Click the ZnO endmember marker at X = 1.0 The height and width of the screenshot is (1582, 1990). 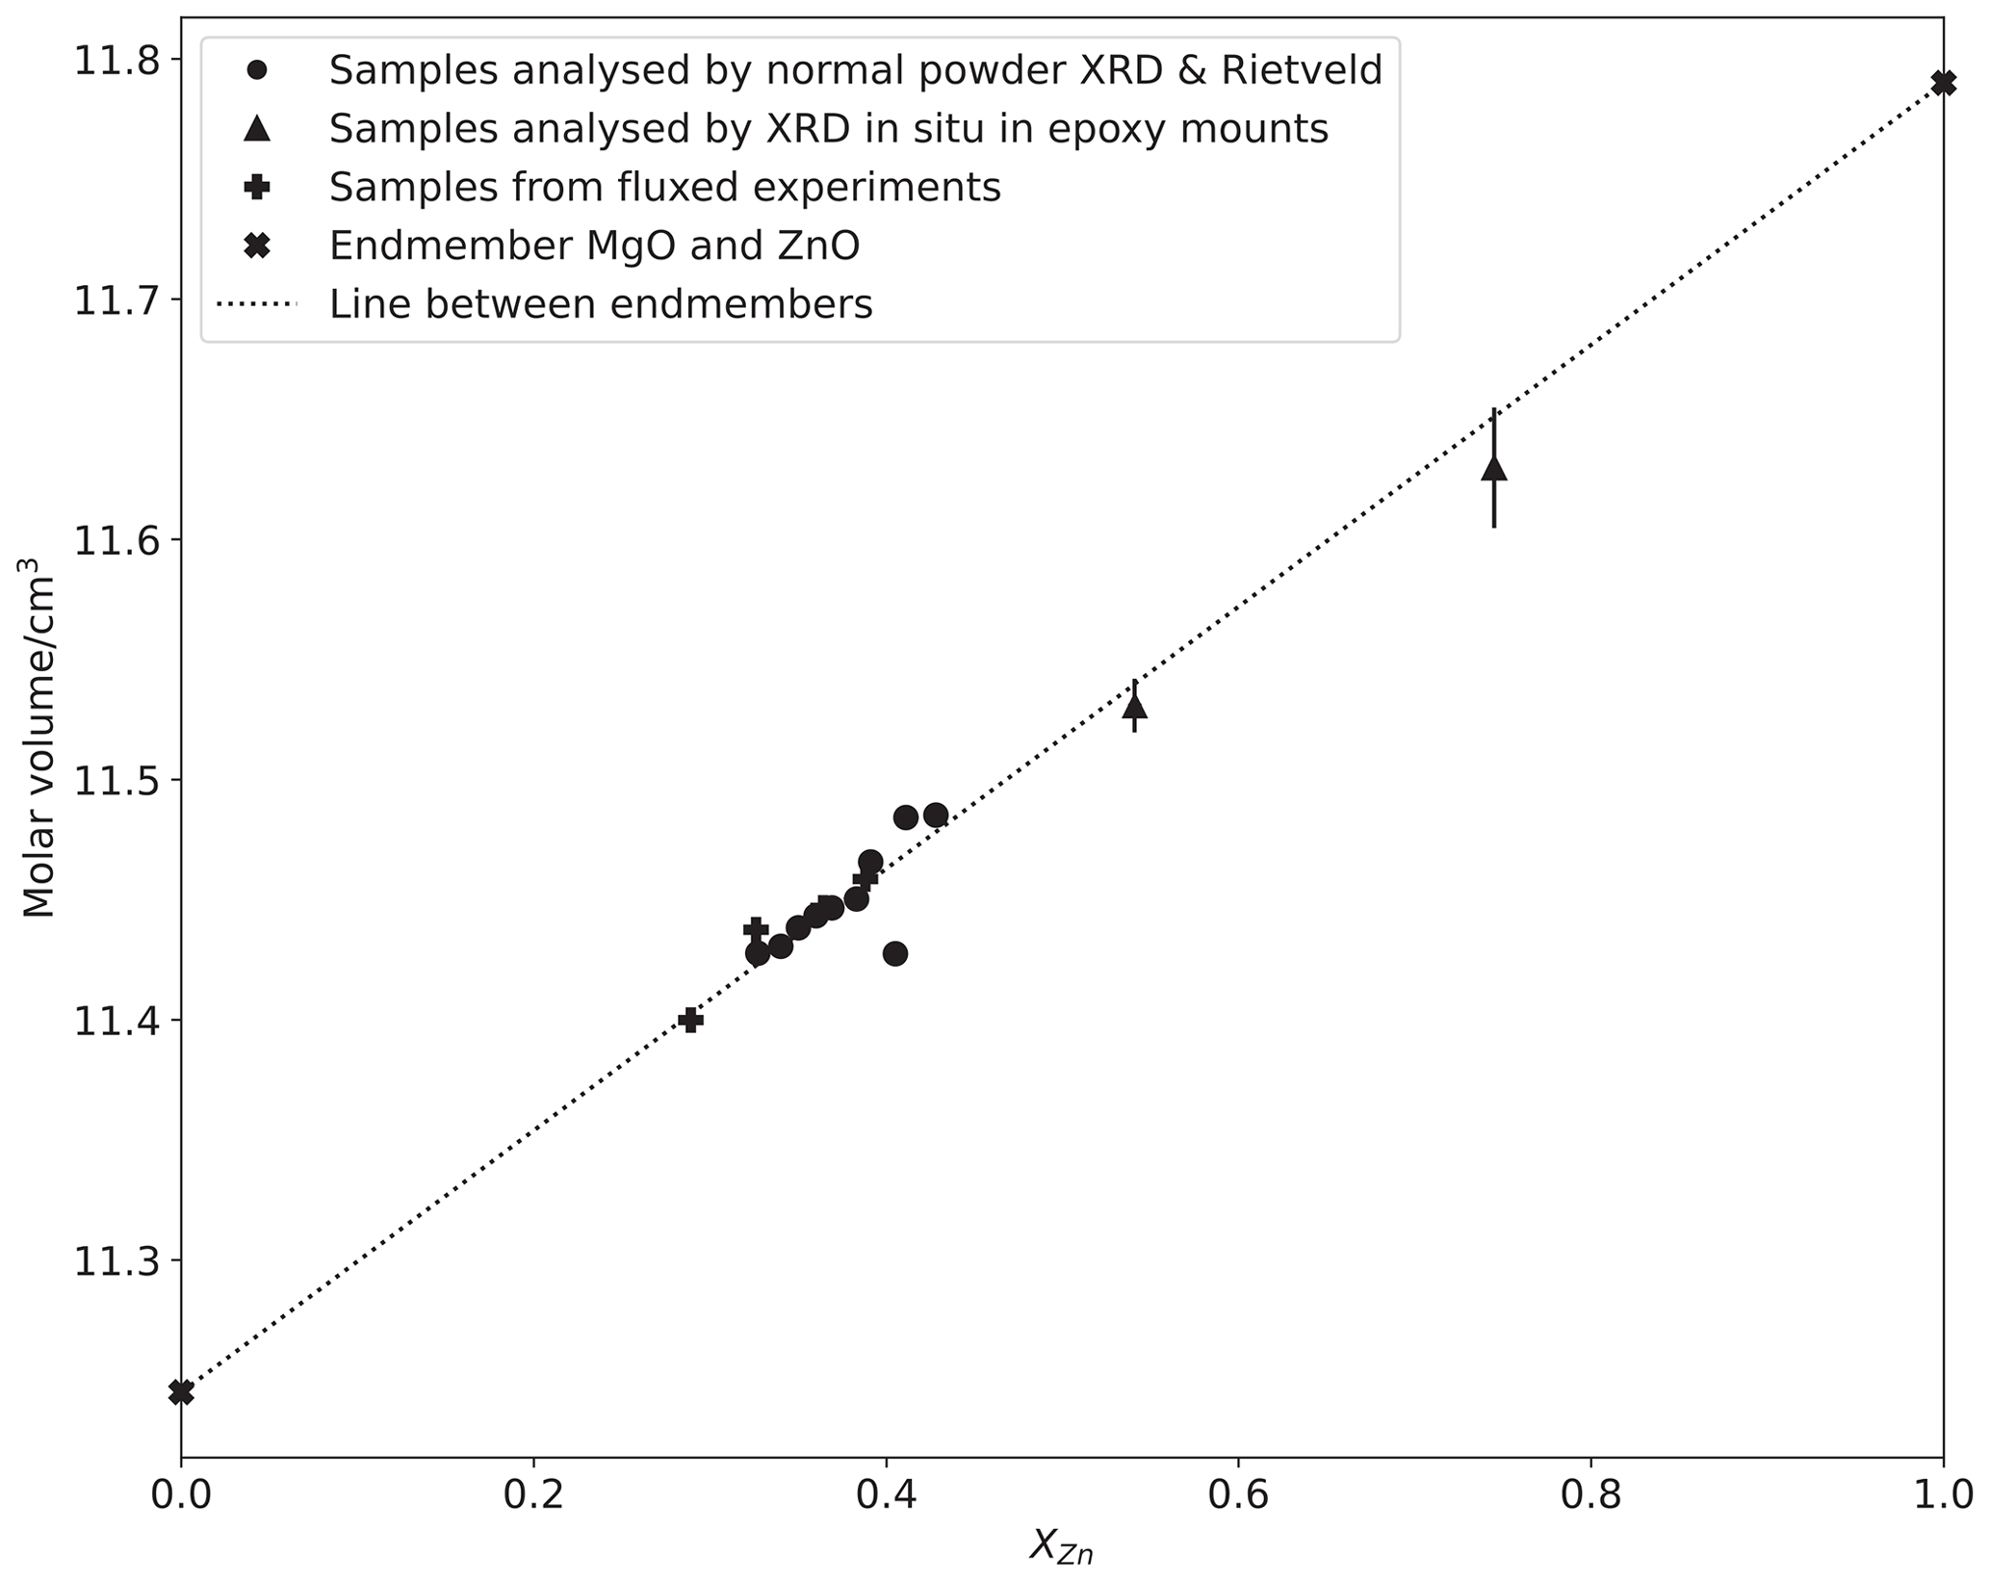tap(1943, 83)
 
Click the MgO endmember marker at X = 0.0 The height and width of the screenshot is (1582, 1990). tap(181, 1392)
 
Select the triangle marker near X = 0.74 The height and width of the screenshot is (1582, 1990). tap(1493, 469)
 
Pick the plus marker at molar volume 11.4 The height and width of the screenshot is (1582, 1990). tap(689, 1020)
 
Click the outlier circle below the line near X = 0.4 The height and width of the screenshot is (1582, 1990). tap(895, 953)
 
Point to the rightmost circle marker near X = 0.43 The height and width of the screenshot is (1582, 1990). tap(936, 816)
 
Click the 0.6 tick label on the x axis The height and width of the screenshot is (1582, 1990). tap(1238, 1499)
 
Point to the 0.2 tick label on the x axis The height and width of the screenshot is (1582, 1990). tap(533, 1499)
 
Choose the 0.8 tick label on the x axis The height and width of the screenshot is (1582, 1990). tap(1590, 1499)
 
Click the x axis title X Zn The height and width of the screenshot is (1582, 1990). tap(1061, 1546)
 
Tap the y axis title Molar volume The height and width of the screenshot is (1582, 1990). tap(39, 747)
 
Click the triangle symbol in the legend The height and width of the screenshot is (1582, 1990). tap(257, 129)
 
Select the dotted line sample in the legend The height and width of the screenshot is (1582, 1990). tap(257, 305)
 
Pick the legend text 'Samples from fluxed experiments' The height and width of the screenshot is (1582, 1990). tap(664, 188)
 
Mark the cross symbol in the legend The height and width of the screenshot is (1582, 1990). tap(257, 246)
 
